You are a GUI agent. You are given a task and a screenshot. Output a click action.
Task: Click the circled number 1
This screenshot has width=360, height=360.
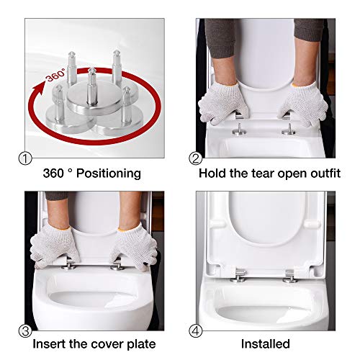pyautogui.click(x=25, y=158)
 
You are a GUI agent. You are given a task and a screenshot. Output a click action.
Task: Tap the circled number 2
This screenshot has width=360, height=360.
pyautogui.click(x=196, y=158)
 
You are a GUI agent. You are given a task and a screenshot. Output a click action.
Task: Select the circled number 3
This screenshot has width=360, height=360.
pyautogui.click(x=25, y=331)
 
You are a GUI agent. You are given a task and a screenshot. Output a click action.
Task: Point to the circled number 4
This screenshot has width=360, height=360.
pyautogui.click(x=196, y=331)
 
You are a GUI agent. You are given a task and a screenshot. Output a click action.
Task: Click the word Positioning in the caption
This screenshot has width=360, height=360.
pyautogui.click(x=109, y=174)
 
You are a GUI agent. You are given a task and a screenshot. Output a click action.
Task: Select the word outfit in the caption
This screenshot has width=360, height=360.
pyautogui.click(x=325, y=174)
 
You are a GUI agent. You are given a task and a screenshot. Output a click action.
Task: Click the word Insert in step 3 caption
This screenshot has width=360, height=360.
pyautogui.click(x=49, y=343)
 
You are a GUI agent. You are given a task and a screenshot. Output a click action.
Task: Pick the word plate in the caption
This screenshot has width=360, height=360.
pyautogui.click(x=141, y=344)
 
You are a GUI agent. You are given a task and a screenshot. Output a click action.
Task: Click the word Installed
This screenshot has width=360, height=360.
pyautogui.click(x=266, y=343)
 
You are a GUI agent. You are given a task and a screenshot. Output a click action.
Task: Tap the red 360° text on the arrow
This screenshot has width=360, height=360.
pyautogui.click(x=55, y=75)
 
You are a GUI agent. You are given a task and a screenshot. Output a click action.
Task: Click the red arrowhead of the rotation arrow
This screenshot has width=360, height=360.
pyautogui.click(x=40, y=89)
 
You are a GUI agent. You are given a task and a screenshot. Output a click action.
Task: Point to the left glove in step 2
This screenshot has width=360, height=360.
pyautogui.click(x=222, y=103)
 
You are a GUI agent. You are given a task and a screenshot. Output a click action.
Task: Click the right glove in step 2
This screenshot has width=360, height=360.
pyautogui.click(x=303, y=104)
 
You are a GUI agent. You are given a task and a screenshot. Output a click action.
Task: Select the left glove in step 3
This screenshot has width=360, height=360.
pyautogui.click(x=55, y=246)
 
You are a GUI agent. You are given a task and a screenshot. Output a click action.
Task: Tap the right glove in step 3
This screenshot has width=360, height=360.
pyautogui.click(x=134, y=246)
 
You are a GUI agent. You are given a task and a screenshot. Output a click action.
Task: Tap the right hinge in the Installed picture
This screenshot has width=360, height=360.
pyautogui.click(x=291, y=276)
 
